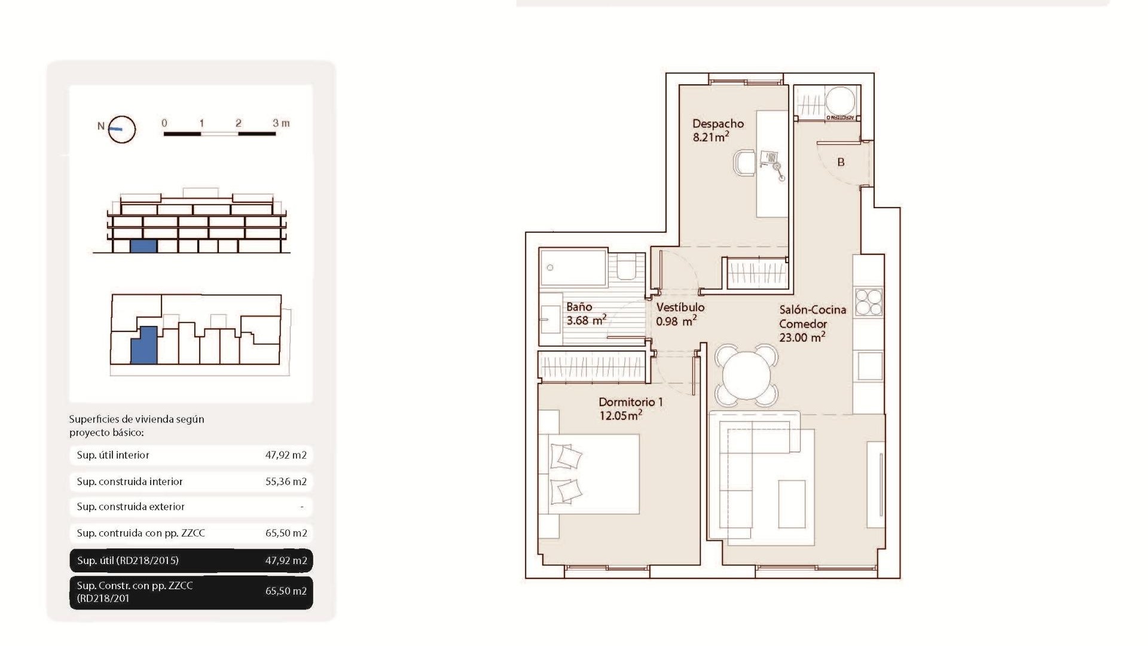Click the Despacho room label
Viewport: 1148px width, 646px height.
point(717,124)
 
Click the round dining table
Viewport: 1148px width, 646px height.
point(746,375)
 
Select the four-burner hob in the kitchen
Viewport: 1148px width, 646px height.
point(868,302)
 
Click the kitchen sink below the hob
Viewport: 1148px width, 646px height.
point(869,366)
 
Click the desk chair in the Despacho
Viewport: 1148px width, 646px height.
point(744,163)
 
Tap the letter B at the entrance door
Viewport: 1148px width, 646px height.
point(841,162)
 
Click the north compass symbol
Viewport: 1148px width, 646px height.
point(121,129)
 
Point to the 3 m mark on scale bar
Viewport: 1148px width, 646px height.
point(280,123)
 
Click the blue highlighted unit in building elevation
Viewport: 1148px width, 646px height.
point(143,246)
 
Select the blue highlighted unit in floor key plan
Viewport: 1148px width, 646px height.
point(144,345)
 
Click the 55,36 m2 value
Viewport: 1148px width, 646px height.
point(286,482)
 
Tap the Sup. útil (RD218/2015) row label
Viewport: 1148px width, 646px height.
point(128,561)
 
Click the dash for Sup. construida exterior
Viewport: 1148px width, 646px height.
point(302,507)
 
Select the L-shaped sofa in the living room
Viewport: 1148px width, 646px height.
point(741,473)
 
